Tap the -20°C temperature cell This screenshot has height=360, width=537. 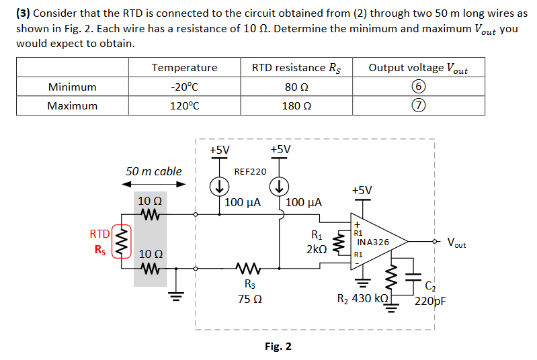point(184,87)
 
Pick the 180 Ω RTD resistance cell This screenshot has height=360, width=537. point(296,105)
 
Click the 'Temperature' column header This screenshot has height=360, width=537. point(184,67)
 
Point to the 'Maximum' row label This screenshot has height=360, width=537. point(72,105)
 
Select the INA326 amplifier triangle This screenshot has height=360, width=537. point(376,242)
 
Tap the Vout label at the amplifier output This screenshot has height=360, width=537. point(457,243)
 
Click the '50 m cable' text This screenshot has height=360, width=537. point(153,171)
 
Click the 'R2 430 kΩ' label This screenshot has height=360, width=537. point(362,298)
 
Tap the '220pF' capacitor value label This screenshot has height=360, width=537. point(431,300)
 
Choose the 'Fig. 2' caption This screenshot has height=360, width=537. point(278,347)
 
